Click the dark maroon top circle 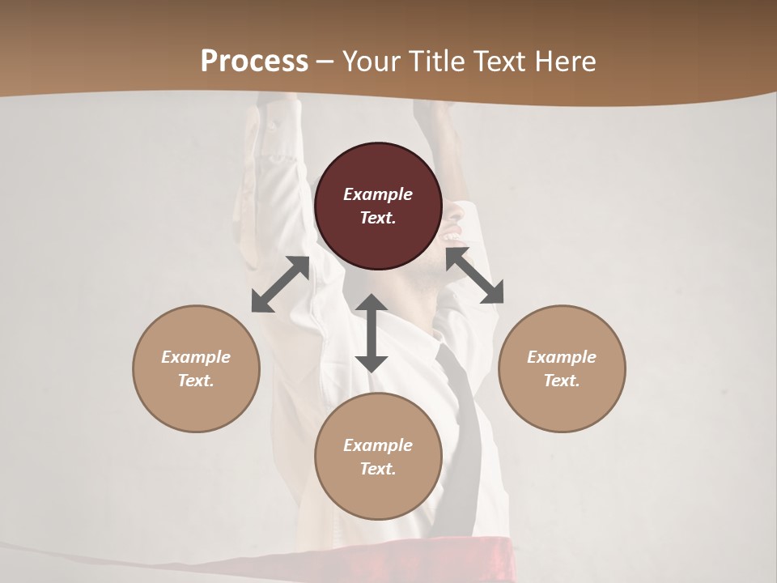378,206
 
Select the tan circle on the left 196,368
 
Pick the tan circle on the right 562,368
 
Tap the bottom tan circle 378,457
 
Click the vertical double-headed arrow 372,334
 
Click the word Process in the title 254,62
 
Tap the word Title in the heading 437,62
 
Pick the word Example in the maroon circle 378,194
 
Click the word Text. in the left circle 196,381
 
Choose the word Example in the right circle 562,357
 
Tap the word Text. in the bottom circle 378,469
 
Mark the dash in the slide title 325,62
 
